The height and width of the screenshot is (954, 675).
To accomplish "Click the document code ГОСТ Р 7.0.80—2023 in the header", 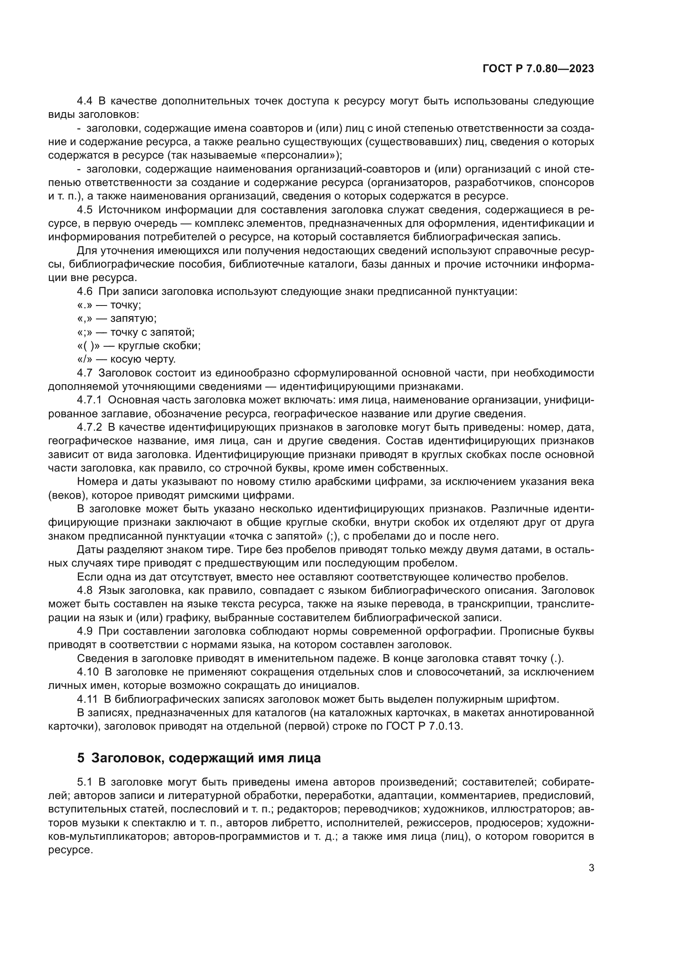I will pyautogui.click(x=538, y=69).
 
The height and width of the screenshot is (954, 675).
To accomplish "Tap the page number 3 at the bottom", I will pyautogui.click(x=591, y=868).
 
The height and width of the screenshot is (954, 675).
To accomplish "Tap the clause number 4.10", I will pyautogui.click(x=88, y=672).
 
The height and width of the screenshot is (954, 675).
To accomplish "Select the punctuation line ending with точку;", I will pyautogui.click(x=109, y=305).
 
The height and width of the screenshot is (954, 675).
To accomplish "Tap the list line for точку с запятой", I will pyautogui.click(x=136, y=332).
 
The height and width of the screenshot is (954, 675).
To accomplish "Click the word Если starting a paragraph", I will pyautogui.click(x=88, y=577).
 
